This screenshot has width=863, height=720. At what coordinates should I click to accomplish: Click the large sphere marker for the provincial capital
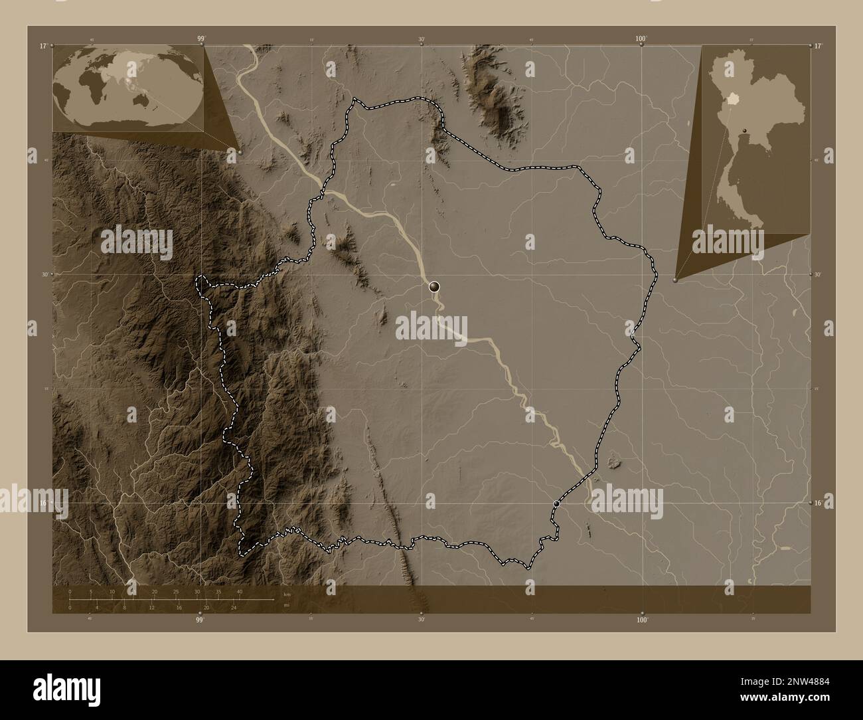(x=434, y=286)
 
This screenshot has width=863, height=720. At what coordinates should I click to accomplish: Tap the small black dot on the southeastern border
(x=556, y=504)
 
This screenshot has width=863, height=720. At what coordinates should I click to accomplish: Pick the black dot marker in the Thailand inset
(x=745, y=130)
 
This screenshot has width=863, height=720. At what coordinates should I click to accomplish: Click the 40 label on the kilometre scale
(x=239, y=591)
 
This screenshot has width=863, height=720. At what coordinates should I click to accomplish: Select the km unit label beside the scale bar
(x=287, y=594)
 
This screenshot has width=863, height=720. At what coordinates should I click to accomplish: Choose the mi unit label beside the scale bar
(x=286, y=605)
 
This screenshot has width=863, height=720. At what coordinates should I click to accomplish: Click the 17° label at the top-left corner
(x=42, y=46)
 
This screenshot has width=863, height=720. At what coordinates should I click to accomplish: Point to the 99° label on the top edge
(x=200, y=39)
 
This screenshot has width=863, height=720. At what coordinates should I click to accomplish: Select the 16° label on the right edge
(x=819, y=503)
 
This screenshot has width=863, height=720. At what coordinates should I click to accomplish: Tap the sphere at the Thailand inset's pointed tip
(x=675, y=280)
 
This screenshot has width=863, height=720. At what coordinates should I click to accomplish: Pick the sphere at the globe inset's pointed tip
(x=238, y=151)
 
